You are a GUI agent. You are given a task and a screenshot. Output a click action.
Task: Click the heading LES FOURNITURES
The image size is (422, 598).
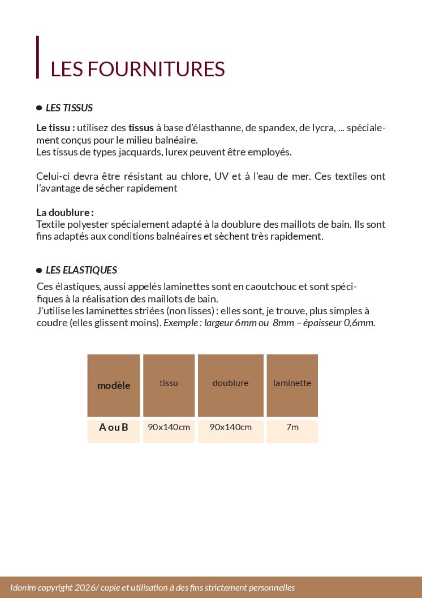137,69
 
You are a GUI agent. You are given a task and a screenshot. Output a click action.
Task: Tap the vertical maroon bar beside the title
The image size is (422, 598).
38,57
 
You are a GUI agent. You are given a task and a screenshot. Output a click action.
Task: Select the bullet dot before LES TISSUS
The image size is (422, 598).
39,107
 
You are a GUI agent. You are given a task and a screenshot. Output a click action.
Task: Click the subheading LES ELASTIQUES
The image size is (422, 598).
81,270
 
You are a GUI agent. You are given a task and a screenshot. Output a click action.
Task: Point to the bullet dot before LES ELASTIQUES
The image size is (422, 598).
39,270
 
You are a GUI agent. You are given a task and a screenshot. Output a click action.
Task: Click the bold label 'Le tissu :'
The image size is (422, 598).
55,128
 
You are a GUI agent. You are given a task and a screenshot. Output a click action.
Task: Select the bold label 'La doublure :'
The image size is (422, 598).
64,213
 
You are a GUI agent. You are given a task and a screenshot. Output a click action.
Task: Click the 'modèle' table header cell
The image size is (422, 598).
114,385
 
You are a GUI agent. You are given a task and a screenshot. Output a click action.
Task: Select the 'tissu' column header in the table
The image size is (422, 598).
169,383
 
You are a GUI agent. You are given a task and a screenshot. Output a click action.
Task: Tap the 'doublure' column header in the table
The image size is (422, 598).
230,383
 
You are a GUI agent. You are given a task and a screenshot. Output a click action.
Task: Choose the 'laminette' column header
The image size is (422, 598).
292,383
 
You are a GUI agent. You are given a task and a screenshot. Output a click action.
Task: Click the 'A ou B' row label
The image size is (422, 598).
114,427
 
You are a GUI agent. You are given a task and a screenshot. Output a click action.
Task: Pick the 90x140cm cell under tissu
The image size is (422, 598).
169,427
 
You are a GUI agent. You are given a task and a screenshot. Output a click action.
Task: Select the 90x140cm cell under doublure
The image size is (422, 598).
230,427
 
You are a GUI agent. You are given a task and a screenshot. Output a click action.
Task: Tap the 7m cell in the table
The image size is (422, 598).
292,427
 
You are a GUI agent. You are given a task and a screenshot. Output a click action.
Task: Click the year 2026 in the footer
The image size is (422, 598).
83,588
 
